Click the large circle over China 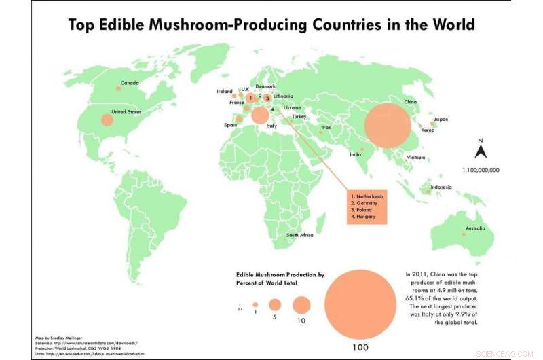tap(388, 126)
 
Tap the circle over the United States tap(107, 120)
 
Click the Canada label tap(130, 84)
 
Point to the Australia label tap(475, 228)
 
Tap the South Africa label tap(299, 235)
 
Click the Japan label tap(441, 119)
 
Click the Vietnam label tap(416, 158)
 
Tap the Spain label tap(230, 125)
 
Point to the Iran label tap(326, 127)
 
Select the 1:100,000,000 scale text tap(481, 170)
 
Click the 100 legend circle tap(360, 300)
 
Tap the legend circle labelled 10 tap(301, 304)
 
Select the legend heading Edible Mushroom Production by tap(280, 275)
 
